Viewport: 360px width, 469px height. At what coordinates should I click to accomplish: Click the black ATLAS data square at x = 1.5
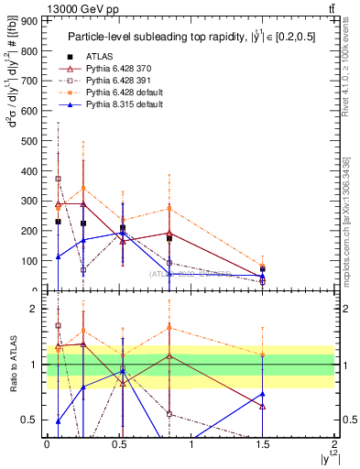tap(263, 269)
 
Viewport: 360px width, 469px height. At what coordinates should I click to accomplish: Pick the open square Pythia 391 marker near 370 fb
tap(59, 180)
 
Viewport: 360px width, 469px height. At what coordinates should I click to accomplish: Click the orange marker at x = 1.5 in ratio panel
tap(263, 354)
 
